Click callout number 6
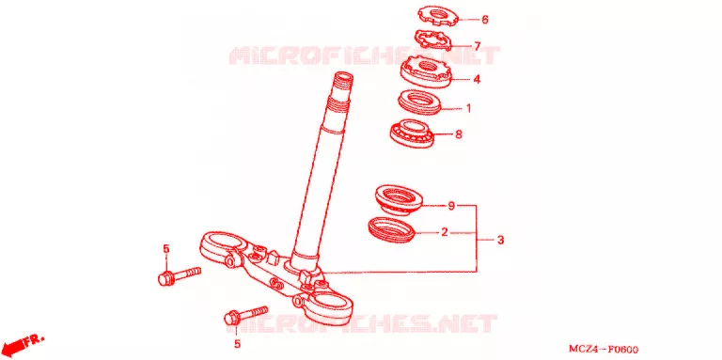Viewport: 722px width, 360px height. coord(484,20)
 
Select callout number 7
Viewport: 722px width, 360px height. coord(478,46)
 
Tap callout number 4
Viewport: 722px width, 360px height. coord(477,79)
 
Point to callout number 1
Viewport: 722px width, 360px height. coord(469,109)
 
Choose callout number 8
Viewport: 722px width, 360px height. coord(458,134)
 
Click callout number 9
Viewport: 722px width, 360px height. coord(451,205)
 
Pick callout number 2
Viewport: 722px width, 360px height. coord(445,232)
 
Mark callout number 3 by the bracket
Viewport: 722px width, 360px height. coord(500,241)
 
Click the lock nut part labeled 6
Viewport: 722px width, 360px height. coord(439,16)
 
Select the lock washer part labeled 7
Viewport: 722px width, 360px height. coord(433,40)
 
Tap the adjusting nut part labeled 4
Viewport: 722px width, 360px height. coord(426,71)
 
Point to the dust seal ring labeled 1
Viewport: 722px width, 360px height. coord(418,102)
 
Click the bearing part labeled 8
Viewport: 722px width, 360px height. coord(411,133)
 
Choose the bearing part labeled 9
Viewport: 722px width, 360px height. coord(399,198)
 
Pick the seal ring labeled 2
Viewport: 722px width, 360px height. coord(392,227)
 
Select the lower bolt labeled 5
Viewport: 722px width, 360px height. coord(245,315)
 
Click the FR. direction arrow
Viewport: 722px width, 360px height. coord(23,343)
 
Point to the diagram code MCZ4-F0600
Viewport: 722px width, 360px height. coord(604,350)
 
